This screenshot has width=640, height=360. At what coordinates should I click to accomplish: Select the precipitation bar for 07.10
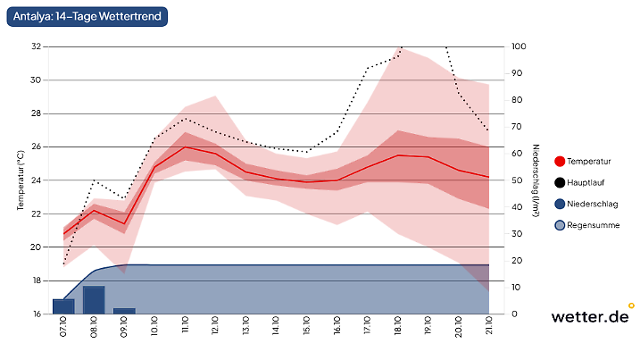point(63,306)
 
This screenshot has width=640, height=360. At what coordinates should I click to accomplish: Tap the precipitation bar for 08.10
point(94,300)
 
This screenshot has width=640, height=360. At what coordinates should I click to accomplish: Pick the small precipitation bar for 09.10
point(124,311)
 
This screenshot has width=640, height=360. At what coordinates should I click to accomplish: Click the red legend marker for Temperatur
point(561,162)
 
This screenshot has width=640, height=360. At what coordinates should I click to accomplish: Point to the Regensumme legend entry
point(593,225)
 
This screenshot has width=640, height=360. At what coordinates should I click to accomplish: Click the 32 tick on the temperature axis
point(36,46)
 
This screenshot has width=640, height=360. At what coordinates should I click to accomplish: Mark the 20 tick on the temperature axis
point(36,247)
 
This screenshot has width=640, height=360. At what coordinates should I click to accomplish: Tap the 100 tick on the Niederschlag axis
point(519,46)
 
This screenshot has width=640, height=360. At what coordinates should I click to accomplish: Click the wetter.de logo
point(589,315)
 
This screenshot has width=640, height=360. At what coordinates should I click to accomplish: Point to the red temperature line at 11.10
point(185,147)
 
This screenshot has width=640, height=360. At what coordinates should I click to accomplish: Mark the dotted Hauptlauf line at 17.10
point(367,69)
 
